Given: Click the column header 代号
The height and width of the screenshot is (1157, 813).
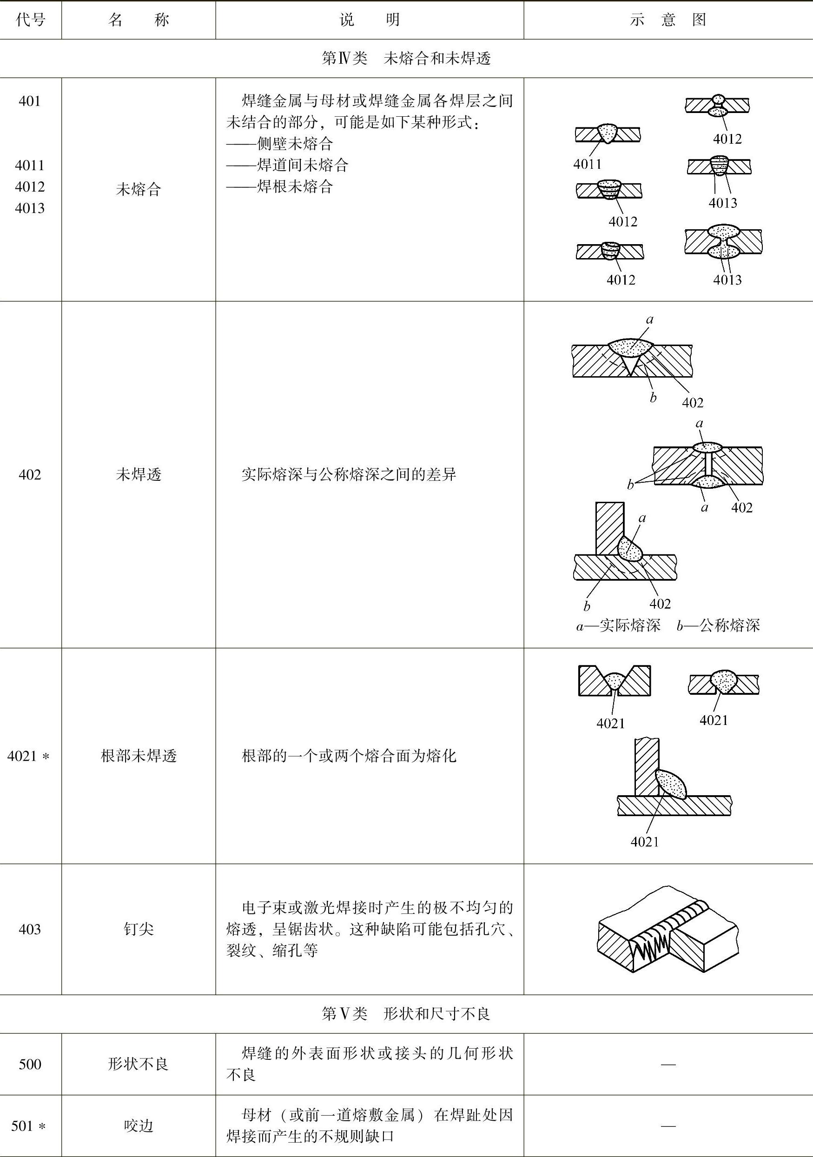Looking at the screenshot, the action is click(x=30, y=20).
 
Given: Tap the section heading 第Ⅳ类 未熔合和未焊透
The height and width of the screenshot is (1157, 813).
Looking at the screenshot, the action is click(x=406, y=59).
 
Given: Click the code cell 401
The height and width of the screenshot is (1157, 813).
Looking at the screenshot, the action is click(x=30, y=101).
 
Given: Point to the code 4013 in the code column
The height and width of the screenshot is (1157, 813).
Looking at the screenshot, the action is click(x=30, y=208).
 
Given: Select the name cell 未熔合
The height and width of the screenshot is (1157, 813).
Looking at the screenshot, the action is click(x=139, y=189).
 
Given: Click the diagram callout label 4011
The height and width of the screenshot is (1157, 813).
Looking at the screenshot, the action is click(x=588, y=164).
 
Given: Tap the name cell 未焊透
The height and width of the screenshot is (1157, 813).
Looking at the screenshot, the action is click(x=139, y=474).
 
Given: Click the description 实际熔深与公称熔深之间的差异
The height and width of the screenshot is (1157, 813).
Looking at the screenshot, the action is click(x=349, y=474).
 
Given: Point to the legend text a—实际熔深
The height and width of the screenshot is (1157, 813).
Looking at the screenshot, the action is click(x=618, y=625).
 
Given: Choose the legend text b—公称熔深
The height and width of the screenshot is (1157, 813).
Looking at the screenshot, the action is click(x=718, y=625).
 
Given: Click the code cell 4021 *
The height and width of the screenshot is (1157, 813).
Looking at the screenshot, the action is click(x=29, y=756).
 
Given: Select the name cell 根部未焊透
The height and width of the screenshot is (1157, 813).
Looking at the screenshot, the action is click(x=139, y=756).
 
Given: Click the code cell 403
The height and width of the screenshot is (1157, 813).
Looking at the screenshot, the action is click(x=30, y=929).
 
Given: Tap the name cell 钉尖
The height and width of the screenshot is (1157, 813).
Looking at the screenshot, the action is click(x=139, y=929).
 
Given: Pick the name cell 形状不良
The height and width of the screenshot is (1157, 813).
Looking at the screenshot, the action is click(x=139, y=1064).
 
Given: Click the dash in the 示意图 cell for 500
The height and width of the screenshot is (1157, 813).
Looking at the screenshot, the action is click(x=668, y=1064).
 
